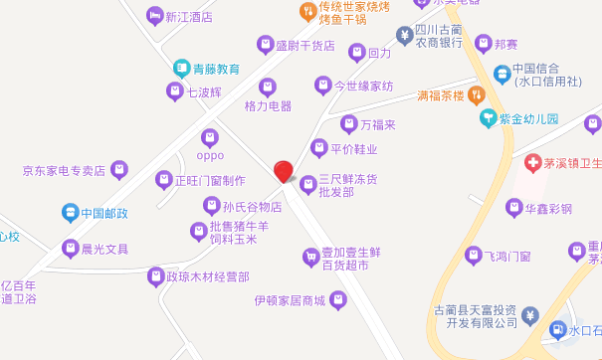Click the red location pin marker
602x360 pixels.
point(284,171)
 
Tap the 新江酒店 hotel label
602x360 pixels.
point(189,17)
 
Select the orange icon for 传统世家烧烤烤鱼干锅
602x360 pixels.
point(307,12)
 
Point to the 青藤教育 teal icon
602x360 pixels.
point(182,69)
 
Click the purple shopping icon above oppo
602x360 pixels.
point(209,136)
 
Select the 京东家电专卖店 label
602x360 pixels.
point(65,170)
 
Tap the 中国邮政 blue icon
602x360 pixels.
point(70,212)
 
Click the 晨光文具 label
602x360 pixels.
point(104,248)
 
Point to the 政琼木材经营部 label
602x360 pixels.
point(207,275)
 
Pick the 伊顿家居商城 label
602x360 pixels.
point(290,300)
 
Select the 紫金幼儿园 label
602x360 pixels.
point(528,118)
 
